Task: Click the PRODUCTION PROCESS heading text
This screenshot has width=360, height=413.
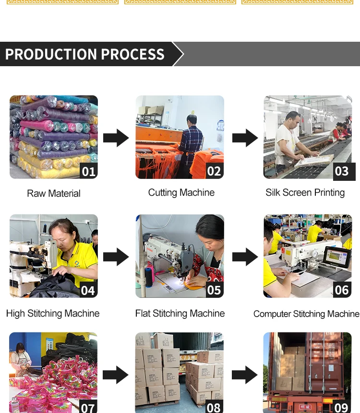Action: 85,54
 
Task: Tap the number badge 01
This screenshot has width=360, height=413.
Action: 89,171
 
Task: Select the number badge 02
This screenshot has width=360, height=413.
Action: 215,171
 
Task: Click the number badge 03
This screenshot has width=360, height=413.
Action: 342,171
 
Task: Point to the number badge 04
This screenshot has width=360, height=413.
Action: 88,290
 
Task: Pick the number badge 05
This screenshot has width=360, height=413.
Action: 214,290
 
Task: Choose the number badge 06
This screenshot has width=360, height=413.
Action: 342,290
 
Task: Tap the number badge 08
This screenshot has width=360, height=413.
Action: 214,407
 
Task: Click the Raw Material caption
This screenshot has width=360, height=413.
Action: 54,193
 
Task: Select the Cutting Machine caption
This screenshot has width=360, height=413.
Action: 181,192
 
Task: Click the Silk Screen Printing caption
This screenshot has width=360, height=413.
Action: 305,192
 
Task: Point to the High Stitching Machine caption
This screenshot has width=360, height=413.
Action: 53,313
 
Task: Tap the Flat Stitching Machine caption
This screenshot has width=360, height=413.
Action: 180,313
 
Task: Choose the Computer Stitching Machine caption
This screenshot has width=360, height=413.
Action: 306,314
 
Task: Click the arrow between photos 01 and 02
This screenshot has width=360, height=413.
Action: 116,138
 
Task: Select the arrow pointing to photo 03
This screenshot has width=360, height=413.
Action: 245,138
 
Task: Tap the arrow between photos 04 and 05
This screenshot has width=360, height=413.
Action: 116,257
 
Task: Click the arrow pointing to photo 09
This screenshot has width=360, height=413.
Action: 245,375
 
